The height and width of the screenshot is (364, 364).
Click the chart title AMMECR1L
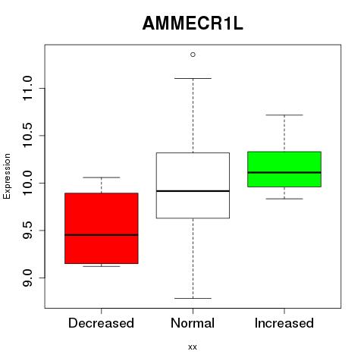(193, 24)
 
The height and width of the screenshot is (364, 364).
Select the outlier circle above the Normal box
(193, 55)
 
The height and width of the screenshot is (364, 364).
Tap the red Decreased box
(102, 228)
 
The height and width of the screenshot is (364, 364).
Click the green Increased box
(284, 169)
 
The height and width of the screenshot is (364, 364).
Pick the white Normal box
(193, 185)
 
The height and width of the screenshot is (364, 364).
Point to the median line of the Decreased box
(102, 235)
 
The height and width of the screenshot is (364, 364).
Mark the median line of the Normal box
(193, 191)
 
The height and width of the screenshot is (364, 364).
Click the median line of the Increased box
(284, 172)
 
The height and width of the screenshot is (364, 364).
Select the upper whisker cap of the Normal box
(193, 78)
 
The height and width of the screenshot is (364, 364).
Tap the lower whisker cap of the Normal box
(193, 298)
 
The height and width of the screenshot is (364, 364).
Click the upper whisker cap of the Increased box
(284, 115)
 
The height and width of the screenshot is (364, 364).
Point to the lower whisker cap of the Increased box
(284, 199)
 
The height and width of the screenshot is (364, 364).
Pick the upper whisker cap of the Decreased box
(102, 177)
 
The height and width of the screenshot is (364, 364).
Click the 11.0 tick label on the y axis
(27, 89)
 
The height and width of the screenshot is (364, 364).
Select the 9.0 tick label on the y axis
(27, 278)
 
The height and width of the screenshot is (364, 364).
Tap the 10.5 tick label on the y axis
(27, 136)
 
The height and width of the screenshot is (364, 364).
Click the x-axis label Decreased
(101, 323)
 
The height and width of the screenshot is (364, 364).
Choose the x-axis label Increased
(284, 323)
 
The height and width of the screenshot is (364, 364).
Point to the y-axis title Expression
(7, 176)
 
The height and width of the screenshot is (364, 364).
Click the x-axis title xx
(193, 347)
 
